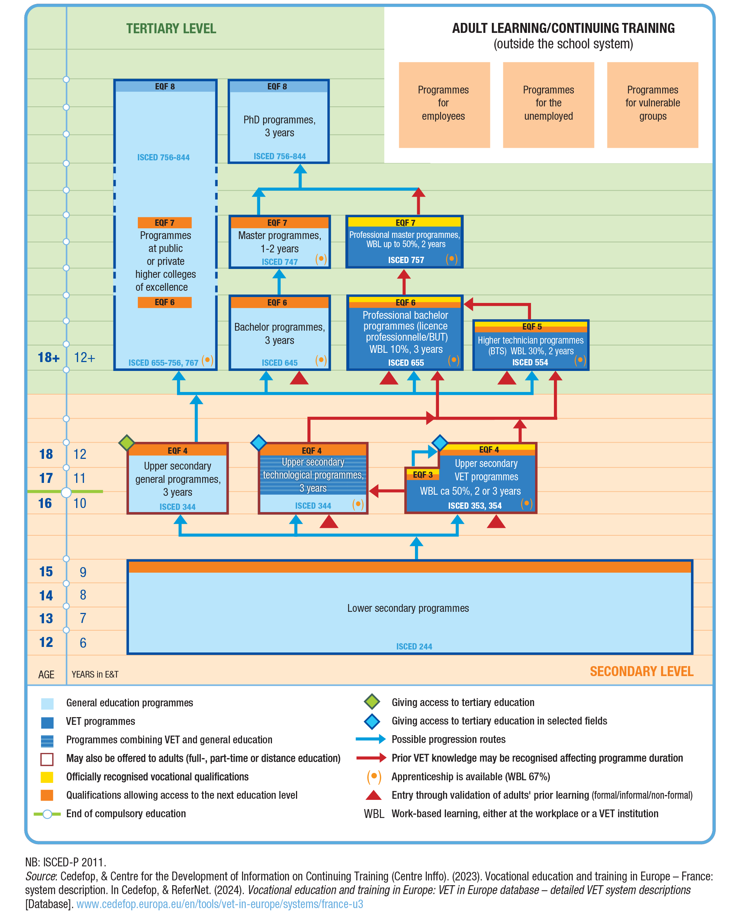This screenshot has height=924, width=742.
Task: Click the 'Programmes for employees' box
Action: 444,105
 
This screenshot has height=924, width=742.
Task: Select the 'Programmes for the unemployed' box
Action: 548,105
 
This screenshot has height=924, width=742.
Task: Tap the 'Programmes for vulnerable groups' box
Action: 653,105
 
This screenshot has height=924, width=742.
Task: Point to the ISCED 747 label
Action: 279,262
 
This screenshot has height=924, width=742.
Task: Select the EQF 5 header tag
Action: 531,327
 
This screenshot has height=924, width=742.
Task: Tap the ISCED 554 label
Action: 530,362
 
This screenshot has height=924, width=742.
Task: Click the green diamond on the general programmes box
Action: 127,443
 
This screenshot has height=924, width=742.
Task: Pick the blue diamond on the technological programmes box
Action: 258,443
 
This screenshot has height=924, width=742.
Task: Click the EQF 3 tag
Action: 422,475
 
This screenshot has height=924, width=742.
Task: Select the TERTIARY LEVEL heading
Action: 171,29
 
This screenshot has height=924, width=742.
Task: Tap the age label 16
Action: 45,504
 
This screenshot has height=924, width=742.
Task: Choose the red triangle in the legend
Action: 373,795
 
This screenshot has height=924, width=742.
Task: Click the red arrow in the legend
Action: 371,758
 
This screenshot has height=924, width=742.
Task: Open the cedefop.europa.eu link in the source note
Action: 219,904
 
